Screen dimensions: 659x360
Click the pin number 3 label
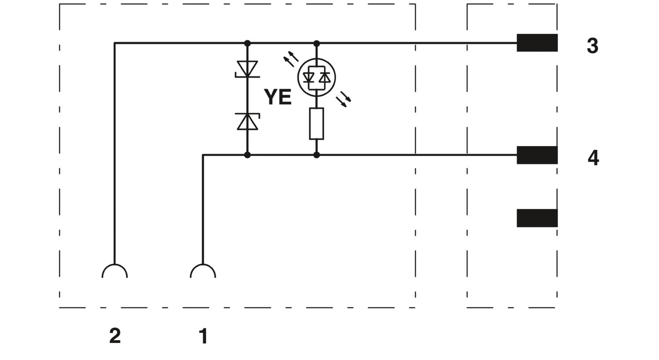point(593,46)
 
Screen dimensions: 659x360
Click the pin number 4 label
point(593,158)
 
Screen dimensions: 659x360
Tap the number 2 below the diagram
point(115,336)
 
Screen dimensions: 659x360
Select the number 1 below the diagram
point(203,336)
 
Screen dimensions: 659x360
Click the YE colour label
point(278,97)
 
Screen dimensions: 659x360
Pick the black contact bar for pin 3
point(537,43)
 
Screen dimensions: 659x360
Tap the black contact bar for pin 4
point(537,155)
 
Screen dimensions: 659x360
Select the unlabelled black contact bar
point(537,218)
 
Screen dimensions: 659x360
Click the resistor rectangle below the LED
point(317,124)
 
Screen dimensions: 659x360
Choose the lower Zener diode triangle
point(247,122)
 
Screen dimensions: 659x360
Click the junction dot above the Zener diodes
point(247,43)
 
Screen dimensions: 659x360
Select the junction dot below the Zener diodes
point(247,155)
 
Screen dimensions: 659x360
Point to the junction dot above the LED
point(317,43)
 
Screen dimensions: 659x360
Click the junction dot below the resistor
point(317,155)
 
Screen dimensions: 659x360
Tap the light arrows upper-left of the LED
point(291,59)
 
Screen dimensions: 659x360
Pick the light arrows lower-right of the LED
point(344,99)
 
